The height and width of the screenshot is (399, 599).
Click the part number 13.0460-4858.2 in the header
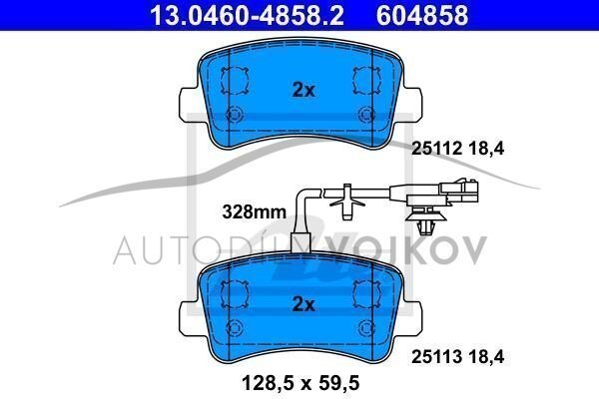pos(247,15)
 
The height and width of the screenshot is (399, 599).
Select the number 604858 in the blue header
pos(422,15)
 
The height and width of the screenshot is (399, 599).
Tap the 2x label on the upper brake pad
pos(303,90)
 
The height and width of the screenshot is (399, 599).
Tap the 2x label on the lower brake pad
pos(303,304)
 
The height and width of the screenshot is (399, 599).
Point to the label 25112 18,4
pos(457,149)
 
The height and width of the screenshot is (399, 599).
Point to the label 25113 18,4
pos(457,357)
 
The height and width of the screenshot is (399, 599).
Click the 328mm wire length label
pos(254,211)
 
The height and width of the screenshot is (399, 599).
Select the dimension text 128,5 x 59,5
pos(300,383)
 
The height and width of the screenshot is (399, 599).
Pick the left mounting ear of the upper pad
pos(190,104)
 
